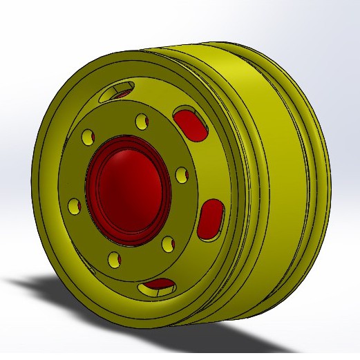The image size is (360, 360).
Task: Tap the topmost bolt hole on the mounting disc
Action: pos(142,122)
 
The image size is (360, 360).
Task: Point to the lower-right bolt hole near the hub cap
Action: pos(167,243)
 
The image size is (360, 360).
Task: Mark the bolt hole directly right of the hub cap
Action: pos(181,174)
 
